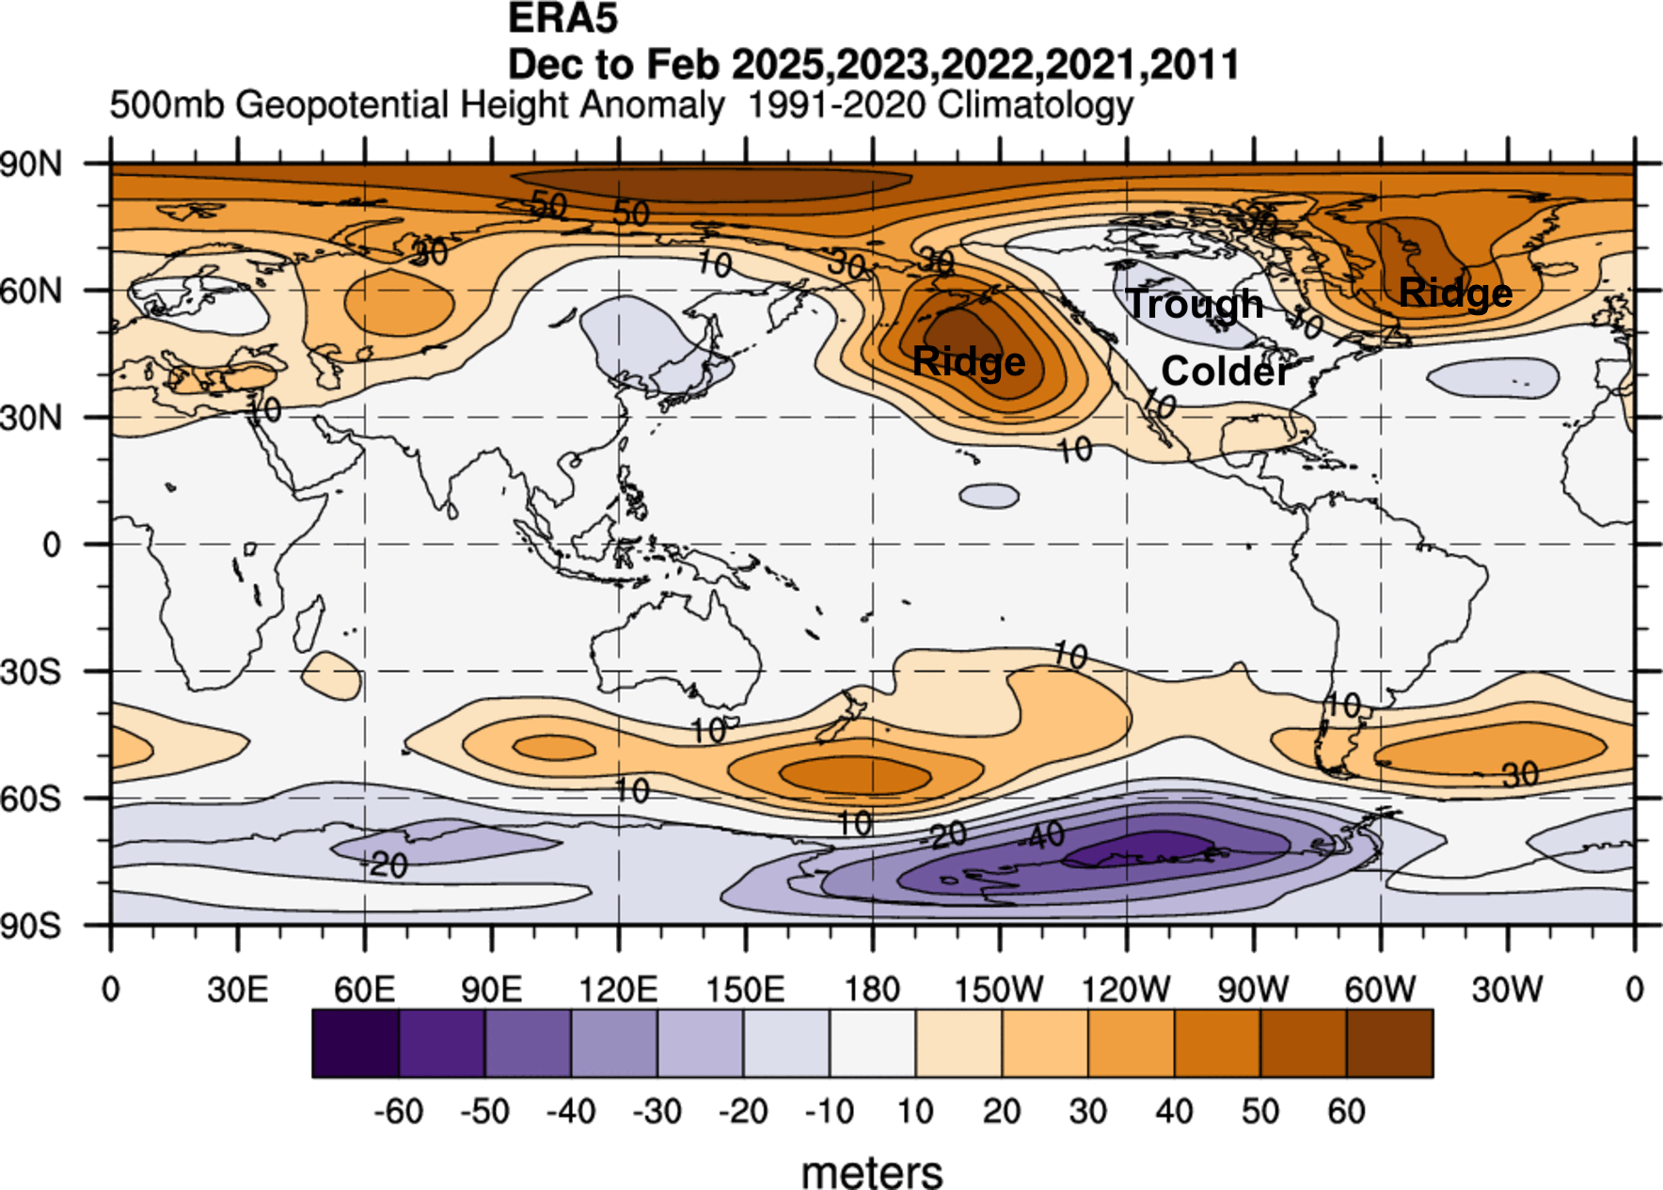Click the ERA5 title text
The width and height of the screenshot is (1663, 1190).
tap(562, 19)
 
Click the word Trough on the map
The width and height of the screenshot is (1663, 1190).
tap(1196, 304)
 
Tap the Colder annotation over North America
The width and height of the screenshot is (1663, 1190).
tap(1226, 372)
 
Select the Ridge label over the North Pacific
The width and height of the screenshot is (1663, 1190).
tap(969, 362)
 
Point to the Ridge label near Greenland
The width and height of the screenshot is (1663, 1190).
tap(1455, 294)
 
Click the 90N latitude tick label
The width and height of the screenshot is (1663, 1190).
tap(32, 165)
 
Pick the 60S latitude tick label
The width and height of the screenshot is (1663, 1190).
tap(32, 800)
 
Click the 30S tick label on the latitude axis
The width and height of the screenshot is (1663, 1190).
tap(32, 673)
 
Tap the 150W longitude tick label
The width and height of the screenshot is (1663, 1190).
tap(999, 990)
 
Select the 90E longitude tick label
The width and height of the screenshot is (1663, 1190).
tap(491, 990)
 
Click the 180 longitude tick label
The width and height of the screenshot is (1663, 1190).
tap(872, 990)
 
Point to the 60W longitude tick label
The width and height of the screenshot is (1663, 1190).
tap(1380, 990)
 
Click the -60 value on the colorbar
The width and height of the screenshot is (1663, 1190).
tap(399, 1112)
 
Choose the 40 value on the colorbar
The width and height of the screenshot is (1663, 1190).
tap(1174, 1112)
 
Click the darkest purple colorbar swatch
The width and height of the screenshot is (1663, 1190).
tap(356, 1043)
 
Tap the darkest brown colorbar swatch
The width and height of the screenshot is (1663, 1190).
tap(1389, 1043)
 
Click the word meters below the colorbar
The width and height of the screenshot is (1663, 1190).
tap(872, 1172)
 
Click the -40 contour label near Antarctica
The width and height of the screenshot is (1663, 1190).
tap(1045, 834)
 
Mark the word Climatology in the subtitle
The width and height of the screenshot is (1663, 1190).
tap(1036, 104)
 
